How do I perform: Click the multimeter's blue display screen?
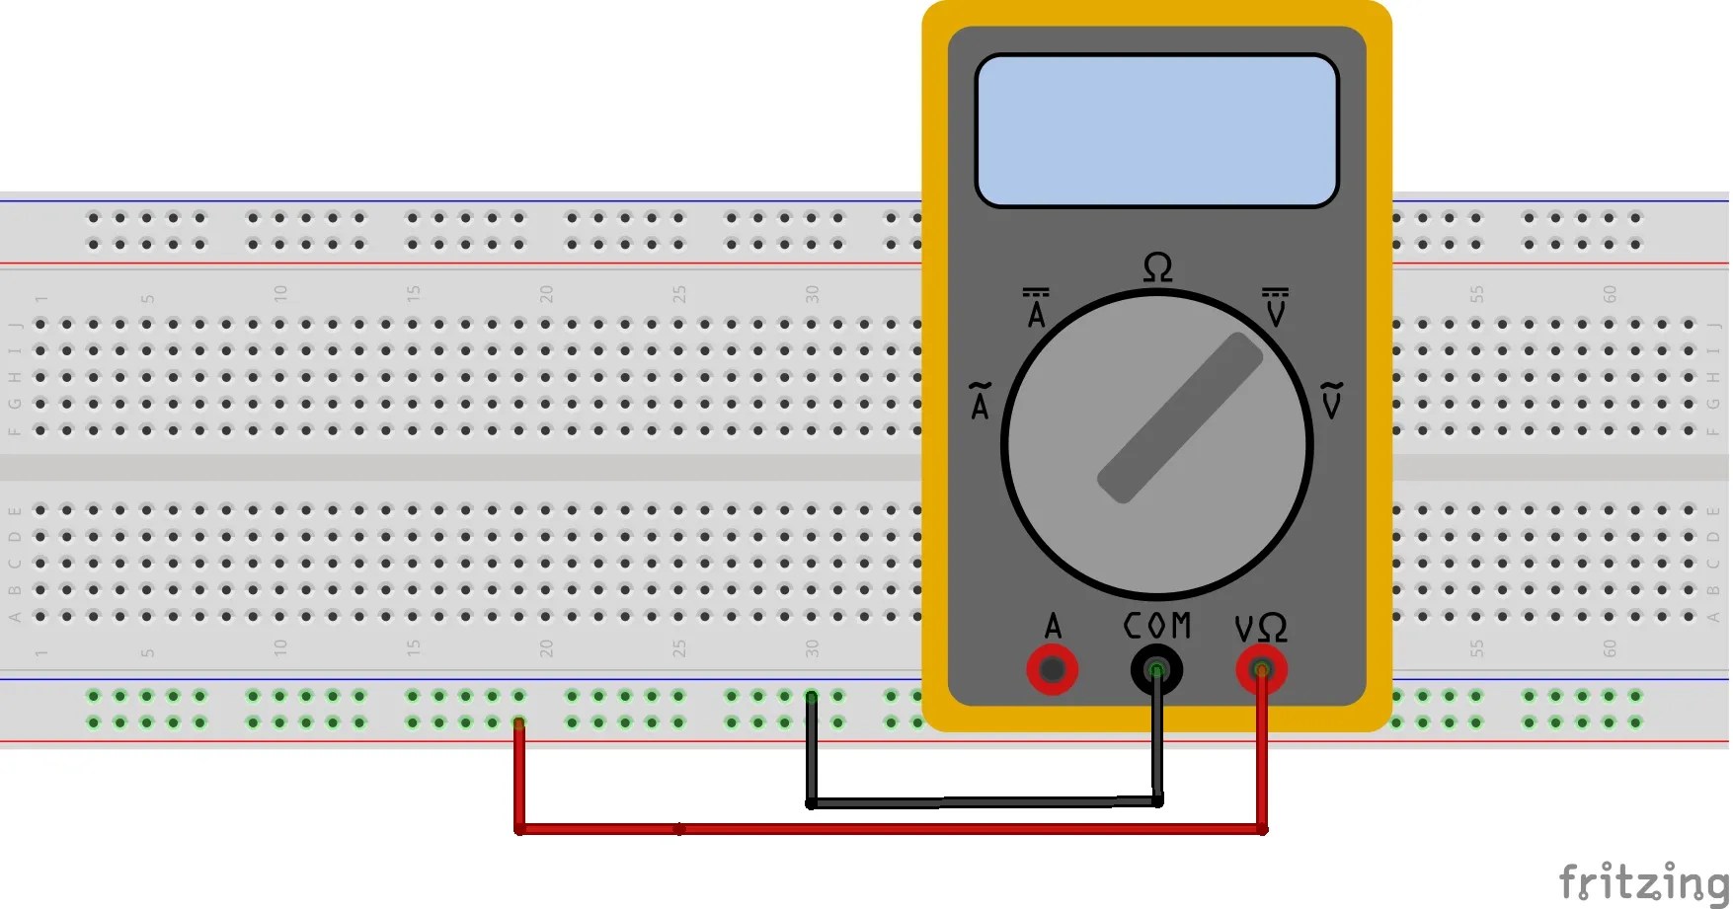click(x=1156, y=130)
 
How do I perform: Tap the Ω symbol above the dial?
click(x=1157, y=267)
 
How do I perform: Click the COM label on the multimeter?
click(x=1157, y=626)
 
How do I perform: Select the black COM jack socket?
click(x=1156, y=670)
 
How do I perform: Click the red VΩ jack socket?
click(x=1261, y=670)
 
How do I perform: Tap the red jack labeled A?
click(x=1052, y=670)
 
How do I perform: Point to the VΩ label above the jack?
click(x=1261, y=628)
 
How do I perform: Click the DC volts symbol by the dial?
click(x=1275, y=308)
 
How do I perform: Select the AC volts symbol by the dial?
click(x=1332, y=400)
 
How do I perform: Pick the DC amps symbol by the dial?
click(x=1036, y=308)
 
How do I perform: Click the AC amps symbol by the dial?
click(x=980, y=401)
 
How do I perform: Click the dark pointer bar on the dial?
click(x=1180, y=417)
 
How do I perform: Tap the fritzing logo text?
click(x=1643, y=880)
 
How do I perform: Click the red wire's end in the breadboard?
click(x=518, y=724)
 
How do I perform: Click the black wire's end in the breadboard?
click(x=811, y=698)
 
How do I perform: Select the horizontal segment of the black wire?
click(x=983, y=802)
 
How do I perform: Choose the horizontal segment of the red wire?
click(x=889, y=829)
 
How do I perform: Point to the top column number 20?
click(x=546, y=294)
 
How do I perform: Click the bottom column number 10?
click(x=280, y=647)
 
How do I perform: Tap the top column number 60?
click(x=1610, y=294)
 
